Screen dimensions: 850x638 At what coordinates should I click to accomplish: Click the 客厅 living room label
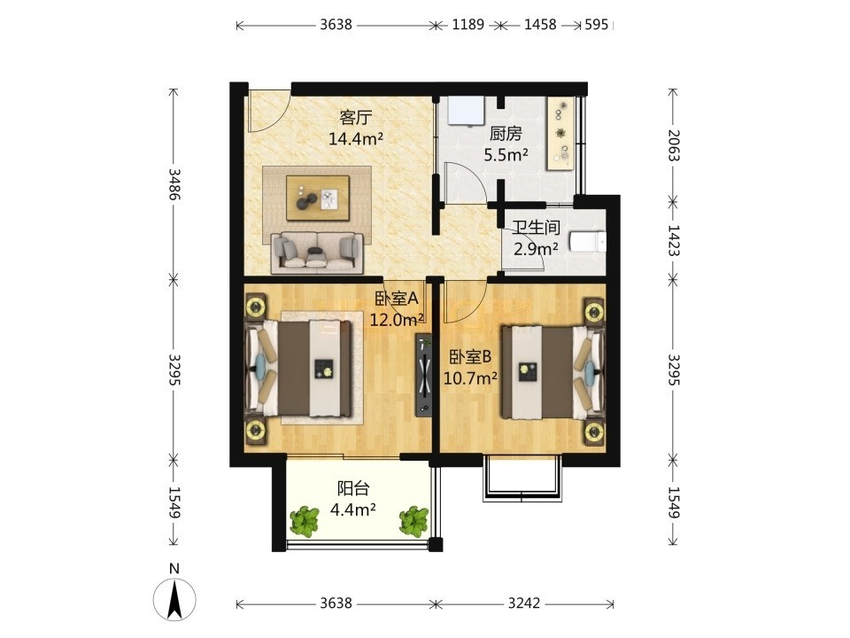click(x=356, y=117)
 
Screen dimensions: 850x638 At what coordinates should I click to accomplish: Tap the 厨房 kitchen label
click(x=506, y=134)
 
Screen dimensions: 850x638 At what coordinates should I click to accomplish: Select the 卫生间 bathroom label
click(x=537, y=228)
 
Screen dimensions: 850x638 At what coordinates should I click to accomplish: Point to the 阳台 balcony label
click(x=353, y=488)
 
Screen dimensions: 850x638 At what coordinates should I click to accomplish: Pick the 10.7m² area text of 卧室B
click(x=470, y=377)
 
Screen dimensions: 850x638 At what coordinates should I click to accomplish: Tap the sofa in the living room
click(x=317, y=253)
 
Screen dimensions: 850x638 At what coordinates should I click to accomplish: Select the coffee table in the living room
click(x=318, y=198)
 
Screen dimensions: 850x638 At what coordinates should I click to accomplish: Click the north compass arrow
click(x=174, y=599)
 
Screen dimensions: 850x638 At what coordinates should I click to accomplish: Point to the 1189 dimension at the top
click(x=467, y=25)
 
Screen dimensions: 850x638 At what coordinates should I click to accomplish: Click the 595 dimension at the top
click(x=596, y=25)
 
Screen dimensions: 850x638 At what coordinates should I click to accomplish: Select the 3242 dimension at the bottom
click(x=524, y=603)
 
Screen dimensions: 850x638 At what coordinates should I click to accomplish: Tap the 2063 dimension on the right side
click(x=673, y=144)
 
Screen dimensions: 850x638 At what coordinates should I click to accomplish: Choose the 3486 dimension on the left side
click(x=174, y=184)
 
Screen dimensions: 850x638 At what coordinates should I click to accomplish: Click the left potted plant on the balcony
click(x=304, y=521)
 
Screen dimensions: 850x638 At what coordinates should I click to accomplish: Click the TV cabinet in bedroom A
click(x=423, y=374)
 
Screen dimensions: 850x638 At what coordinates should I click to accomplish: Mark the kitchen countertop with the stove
click(x=560, y=134)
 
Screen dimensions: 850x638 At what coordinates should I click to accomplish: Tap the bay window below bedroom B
click(x=521, y=478)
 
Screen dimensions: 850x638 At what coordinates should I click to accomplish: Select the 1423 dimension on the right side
click(x=673, y=240)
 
